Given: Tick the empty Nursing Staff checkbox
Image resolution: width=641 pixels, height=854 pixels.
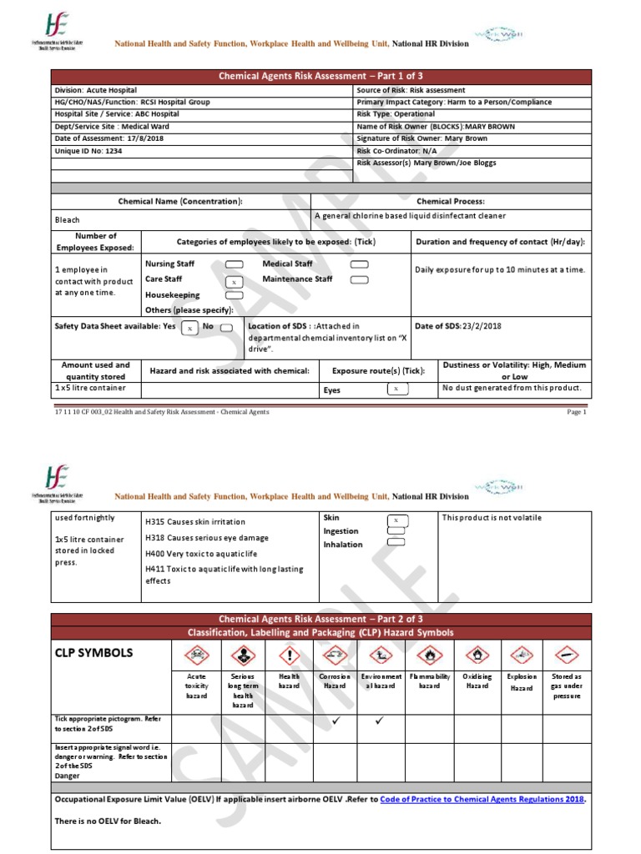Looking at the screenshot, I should pyautogui.click(x=235, y=264).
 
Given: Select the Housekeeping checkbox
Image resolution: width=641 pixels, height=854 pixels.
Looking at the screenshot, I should pyautogui.click(x=235, y=295).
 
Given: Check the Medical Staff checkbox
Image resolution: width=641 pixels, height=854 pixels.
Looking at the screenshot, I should pyautogui.click(x=359, y=264).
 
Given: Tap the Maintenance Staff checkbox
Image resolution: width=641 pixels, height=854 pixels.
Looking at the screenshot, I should pyautogui.click(x=359, y=279).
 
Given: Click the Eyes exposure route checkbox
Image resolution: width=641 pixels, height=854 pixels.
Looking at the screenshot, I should pyautogui.click(x=396, y=389).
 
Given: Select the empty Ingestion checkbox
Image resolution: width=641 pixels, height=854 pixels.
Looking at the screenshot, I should pyautogui.click(x=396, y=530).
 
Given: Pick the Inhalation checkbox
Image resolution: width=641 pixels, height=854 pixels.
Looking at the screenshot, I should pyautogui.click(x=396, y=542).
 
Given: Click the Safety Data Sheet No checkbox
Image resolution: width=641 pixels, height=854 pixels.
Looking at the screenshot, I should pyautogui.click(x=226, y=328).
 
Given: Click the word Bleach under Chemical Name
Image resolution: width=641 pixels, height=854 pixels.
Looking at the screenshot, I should pyautogui.click(x=68, y=220).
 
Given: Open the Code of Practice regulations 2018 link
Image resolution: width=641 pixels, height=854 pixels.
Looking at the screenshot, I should pyautogui.click(x=482, y=799).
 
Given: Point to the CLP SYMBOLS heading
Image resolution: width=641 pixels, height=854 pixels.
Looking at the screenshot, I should pyautogui.click(x=93, y=653).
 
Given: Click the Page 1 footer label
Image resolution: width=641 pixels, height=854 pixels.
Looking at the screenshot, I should pyautogui.click(x=577, y=411).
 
